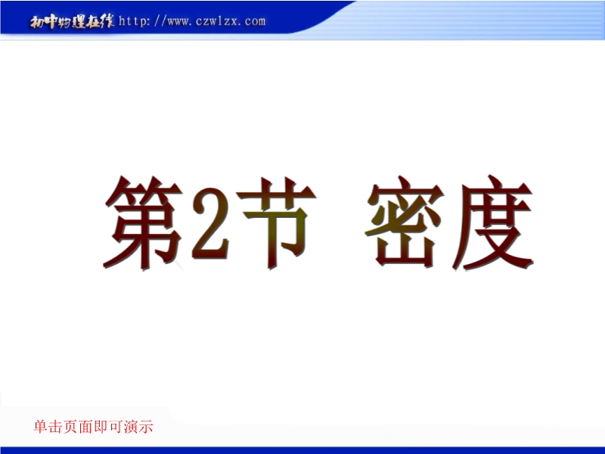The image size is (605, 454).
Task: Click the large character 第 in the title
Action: (x=144, y=222)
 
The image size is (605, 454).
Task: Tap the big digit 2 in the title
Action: (x=210, y=224)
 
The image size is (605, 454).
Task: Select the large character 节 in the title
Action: (x=276, y=223)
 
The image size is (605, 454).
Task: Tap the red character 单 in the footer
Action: (x=41, y=427)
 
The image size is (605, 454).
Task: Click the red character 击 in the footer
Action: (x=55, y=427)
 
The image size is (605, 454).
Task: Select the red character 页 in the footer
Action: (x=70, y=427)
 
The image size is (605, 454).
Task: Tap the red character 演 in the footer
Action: (x=131, y=427)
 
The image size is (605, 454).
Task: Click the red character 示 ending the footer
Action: (x=146, y=427)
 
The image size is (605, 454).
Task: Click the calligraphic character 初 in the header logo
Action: (x=37, y=22)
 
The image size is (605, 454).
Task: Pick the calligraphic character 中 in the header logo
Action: (x=51, y=22)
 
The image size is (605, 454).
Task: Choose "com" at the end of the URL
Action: (x=255, y=21)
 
